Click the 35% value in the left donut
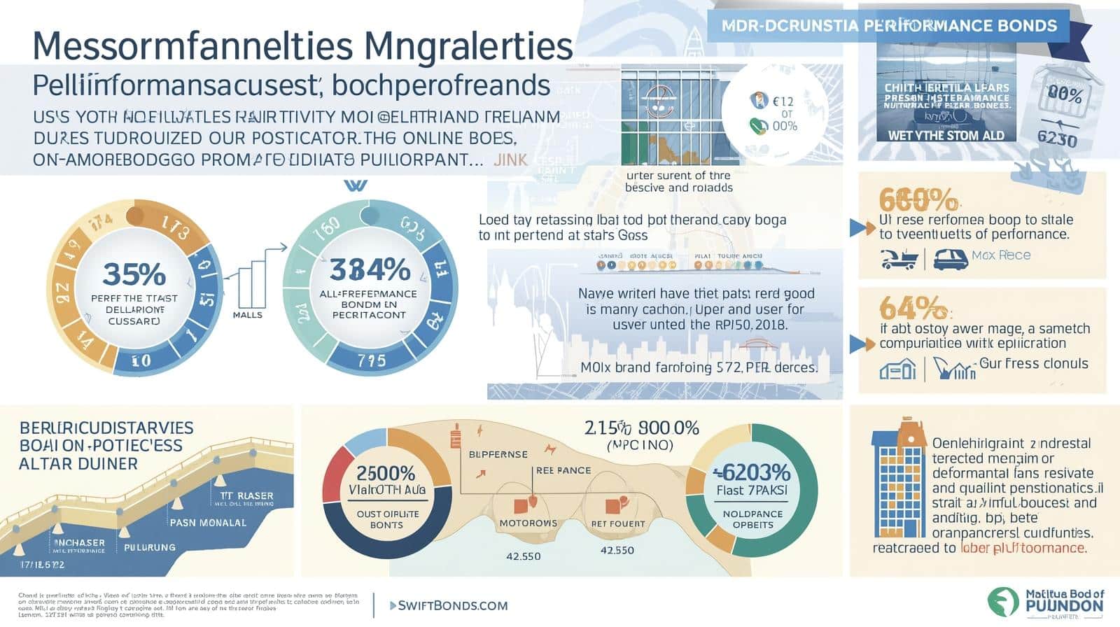click(134, 274)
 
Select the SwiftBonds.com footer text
click(452, 605)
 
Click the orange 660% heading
click(917, 201)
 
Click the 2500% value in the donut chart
click(386, 473)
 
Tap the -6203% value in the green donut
click(752, 472)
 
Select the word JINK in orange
click(510, 160)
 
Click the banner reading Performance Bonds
click(889, 26)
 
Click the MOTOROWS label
click(528, 523)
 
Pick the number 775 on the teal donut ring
click(371, 360)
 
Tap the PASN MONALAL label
click(208, 522)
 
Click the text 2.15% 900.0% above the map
click(641, 428)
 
